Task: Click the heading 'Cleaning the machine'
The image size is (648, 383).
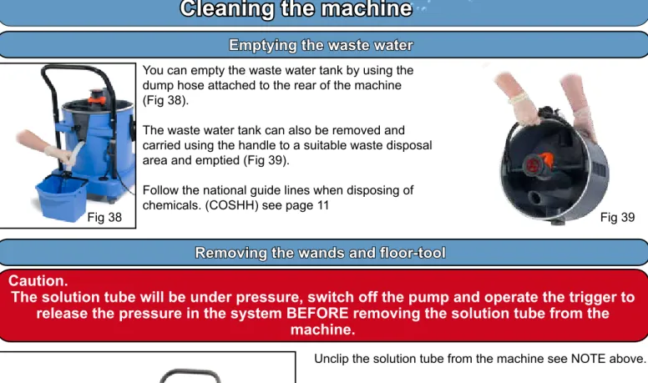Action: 296,9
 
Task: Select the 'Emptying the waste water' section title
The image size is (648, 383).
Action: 321,45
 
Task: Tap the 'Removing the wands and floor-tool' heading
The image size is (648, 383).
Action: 321,253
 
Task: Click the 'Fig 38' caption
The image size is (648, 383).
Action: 104,217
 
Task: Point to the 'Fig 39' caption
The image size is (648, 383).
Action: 617,217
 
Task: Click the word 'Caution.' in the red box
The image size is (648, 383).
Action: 38,281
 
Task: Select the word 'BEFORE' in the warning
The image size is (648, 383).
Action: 317,313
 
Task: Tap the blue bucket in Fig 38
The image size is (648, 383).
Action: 61,198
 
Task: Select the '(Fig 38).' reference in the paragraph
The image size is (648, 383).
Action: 165,100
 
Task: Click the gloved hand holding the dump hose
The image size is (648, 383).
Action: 58,154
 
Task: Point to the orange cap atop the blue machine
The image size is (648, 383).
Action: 96,96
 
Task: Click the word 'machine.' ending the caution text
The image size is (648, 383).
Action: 323,330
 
